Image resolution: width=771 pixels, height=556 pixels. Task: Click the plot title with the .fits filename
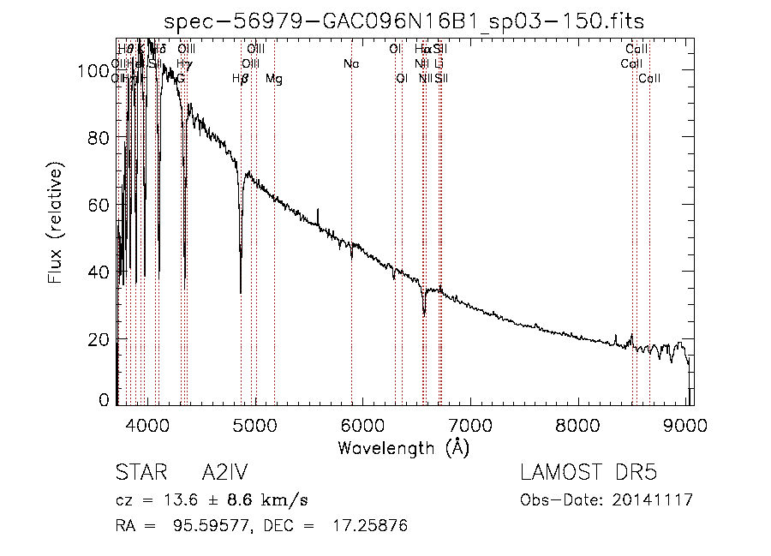(403, 20)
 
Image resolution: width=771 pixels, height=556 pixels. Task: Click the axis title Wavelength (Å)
(403, 447)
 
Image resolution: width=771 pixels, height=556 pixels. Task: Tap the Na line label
(351, 64)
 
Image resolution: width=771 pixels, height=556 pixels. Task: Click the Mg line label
(274, 79)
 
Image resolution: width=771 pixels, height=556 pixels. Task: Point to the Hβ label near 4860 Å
(241, 79)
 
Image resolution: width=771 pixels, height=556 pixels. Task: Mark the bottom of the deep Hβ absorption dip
(241, 291)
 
